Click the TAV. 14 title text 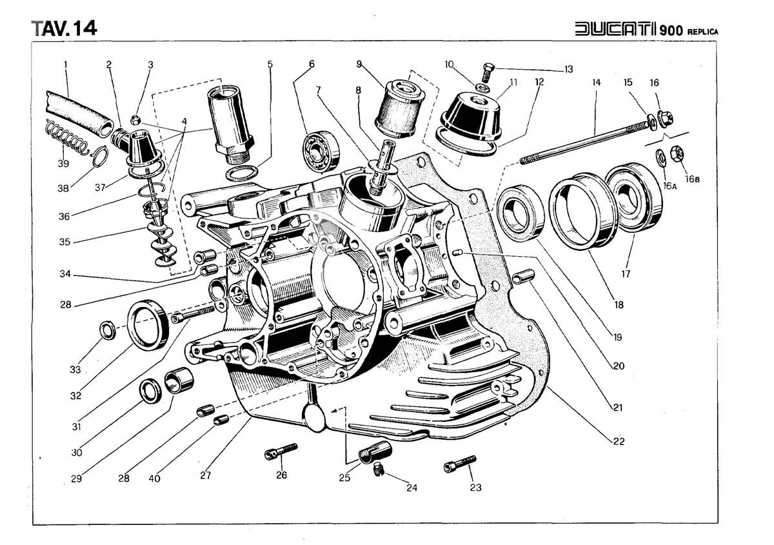point(64,28)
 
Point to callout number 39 point(63,164)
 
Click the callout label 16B point(692,179)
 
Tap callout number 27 point(206,476)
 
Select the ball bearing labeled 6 point(320,148)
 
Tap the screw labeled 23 point(459,463)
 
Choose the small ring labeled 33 point(107,330)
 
